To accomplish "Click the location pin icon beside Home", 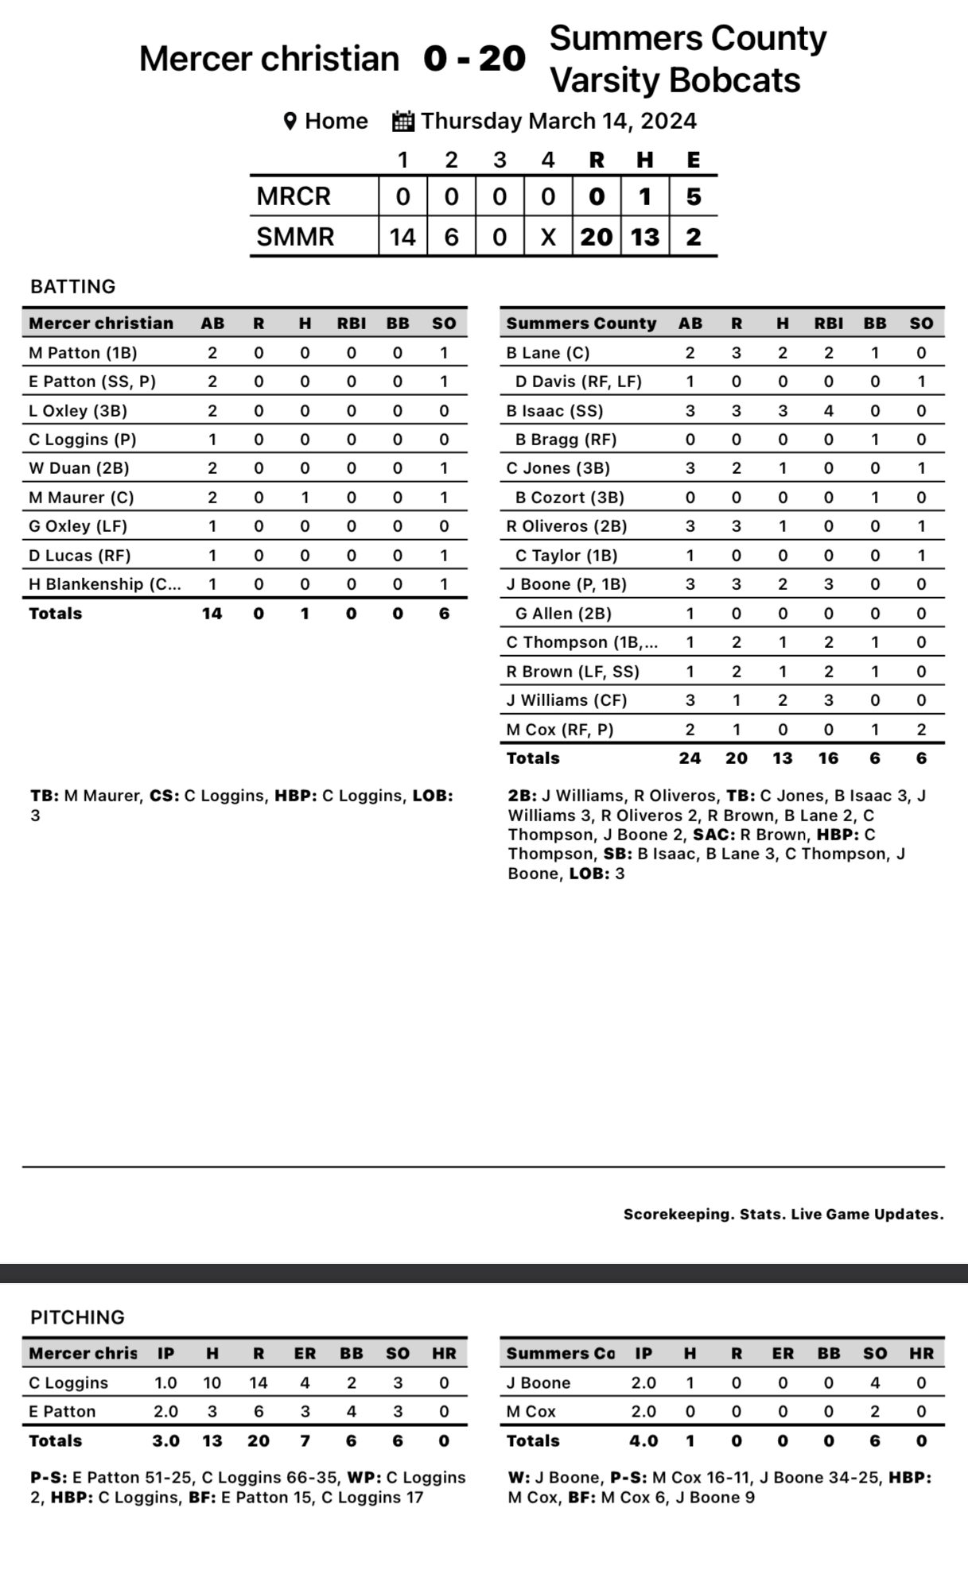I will click(x=290, y=122).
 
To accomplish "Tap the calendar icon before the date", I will click(x=403, y=122).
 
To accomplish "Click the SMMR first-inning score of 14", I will click(x=402, y=237).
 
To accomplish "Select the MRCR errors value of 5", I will click(x=693, y=196).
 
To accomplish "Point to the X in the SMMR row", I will click(x=548, y=237).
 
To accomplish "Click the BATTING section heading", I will click(x=73, y=287).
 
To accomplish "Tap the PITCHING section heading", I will click(x=78, y=1317).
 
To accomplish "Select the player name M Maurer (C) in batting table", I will click(x=81, y=498).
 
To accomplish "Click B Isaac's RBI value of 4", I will click(x=828, y=411).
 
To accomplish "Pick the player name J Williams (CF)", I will click(x=566, y=700).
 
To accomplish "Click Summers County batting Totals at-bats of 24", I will click(x=690, y=758).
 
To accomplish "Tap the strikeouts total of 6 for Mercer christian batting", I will click(x=444, y=614).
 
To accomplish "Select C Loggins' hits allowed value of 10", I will click(x=212, y=1382).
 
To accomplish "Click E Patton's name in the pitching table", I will click(x=62, y=1412).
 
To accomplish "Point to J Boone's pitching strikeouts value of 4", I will click(x=875, y=1382).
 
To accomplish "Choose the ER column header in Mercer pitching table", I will click(x=305, y=1353).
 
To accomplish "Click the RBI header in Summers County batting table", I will click(x=828, y=324).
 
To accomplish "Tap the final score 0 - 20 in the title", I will click(x=474, y=59).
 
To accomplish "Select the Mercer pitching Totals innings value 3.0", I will click(x=165, y=1440).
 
